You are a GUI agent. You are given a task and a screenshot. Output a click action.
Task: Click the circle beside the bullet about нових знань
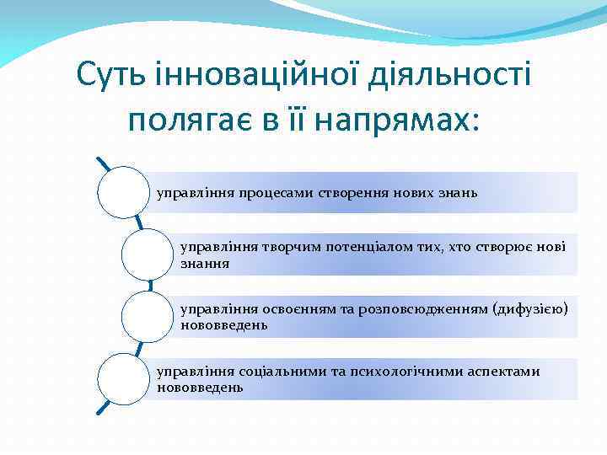pos(123,192)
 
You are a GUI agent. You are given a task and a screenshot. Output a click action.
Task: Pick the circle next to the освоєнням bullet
pos(147,317)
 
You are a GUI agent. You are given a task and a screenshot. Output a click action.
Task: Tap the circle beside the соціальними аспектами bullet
pos(123,379)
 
